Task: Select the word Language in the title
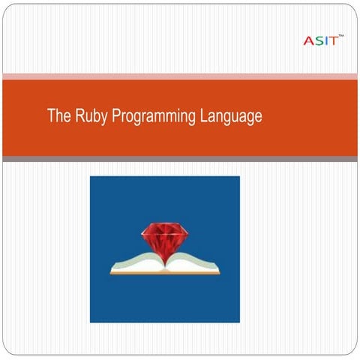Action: click(x=229, y=117)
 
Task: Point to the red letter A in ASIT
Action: click(x=307, y=40)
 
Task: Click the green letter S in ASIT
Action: click(x=316, y=40)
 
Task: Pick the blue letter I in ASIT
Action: click(x=324, y=40)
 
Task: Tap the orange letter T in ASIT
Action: click(x=331, y=40)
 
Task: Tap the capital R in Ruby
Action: click(x=79, y=116)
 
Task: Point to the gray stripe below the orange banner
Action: click(x=180, y=159)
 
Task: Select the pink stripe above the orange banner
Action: click(x=180, y=76)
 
